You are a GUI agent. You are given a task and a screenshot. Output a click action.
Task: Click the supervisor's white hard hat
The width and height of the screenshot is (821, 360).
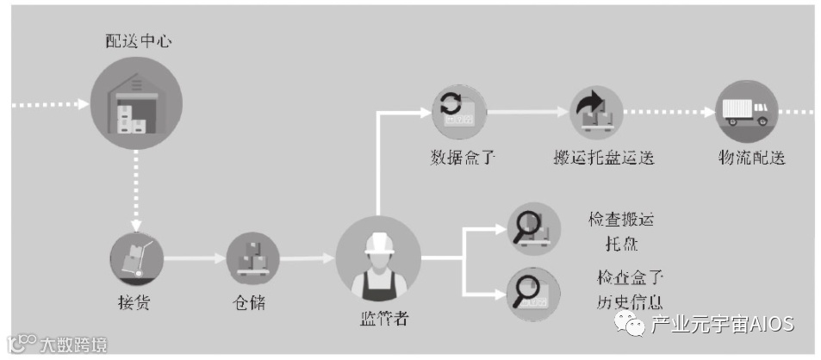pyautogui.click(x=377, y=243)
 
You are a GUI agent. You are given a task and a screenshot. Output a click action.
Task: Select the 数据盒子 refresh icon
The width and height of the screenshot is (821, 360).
pyautogui.click(x=457, y=113)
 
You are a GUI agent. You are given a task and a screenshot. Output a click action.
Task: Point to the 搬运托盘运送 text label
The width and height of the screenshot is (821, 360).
pyautogui.click(x=603, y=158)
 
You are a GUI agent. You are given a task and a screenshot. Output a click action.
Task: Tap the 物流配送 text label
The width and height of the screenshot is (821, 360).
pyautogui.click(x=751, y=158)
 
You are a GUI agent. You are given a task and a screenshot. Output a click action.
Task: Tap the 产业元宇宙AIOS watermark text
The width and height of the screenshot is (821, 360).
pyautogui.click(x=722, y=325)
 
